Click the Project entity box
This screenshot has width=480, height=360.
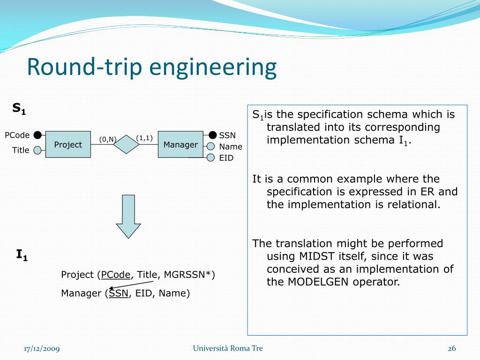pyautogui.click(x=68, y=144)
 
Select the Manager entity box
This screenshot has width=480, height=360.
pyautogui.click(x=180, y=144)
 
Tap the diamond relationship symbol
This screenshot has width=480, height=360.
pyautogui.click(x=127, y=144)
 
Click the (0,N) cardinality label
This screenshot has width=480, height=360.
pyautogui.click(x=107, y=139)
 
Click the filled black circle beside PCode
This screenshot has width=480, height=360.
pyautogui.click(x=37, y=135)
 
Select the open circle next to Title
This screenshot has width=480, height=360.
pyautogui.click(x=37, y=150)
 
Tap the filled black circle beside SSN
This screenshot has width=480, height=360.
pyautogui.click(x=213, y=135)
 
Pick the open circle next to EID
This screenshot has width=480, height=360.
pyautogui.click(x=211, y=158)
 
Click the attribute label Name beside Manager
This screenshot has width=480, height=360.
pyautogui.click(x=231, y=147)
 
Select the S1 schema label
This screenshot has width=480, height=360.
pyautogui.click(x=19, y=109)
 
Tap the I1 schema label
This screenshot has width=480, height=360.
pyautogui.click(x=22, y=255)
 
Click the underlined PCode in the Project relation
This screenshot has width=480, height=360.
pyautogui.click(x=116, y=275)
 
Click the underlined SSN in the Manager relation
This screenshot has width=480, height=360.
pyautogui.click(x=119, y=293)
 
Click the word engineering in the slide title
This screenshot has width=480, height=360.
pyautogui.click(x=213, y=67)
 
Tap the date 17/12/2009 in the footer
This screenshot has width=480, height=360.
pyautogui.click(x=42, y=348)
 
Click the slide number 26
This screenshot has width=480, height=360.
pyautogui.click(x=452, y=348)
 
